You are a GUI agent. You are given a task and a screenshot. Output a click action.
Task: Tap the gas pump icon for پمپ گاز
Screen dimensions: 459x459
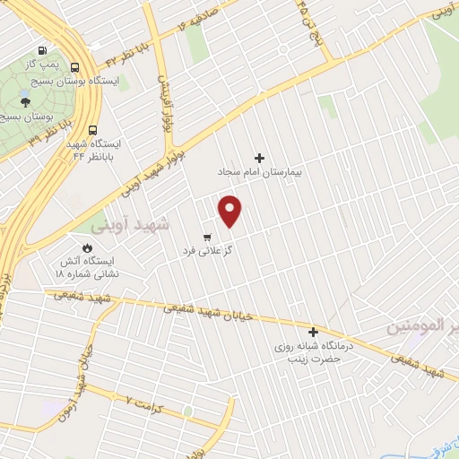(x=43, y=51)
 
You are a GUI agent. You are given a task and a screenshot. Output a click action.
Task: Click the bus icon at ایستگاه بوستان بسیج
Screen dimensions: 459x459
(x=74, y=67)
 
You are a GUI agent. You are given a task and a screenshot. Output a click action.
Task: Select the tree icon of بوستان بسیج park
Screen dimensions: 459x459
(x=25, y=102)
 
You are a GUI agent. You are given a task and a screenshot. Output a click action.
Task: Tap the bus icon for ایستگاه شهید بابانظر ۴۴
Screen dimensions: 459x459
(x=92, y=127)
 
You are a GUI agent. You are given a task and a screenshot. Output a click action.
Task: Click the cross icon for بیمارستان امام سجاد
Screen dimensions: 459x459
(x=261, y=157)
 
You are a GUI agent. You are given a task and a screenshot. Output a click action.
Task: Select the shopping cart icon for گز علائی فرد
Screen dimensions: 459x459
(x=207, y=238)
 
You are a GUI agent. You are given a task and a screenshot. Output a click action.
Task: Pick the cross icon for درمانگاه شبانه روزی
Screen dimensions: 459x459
(x=313, y=332)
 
